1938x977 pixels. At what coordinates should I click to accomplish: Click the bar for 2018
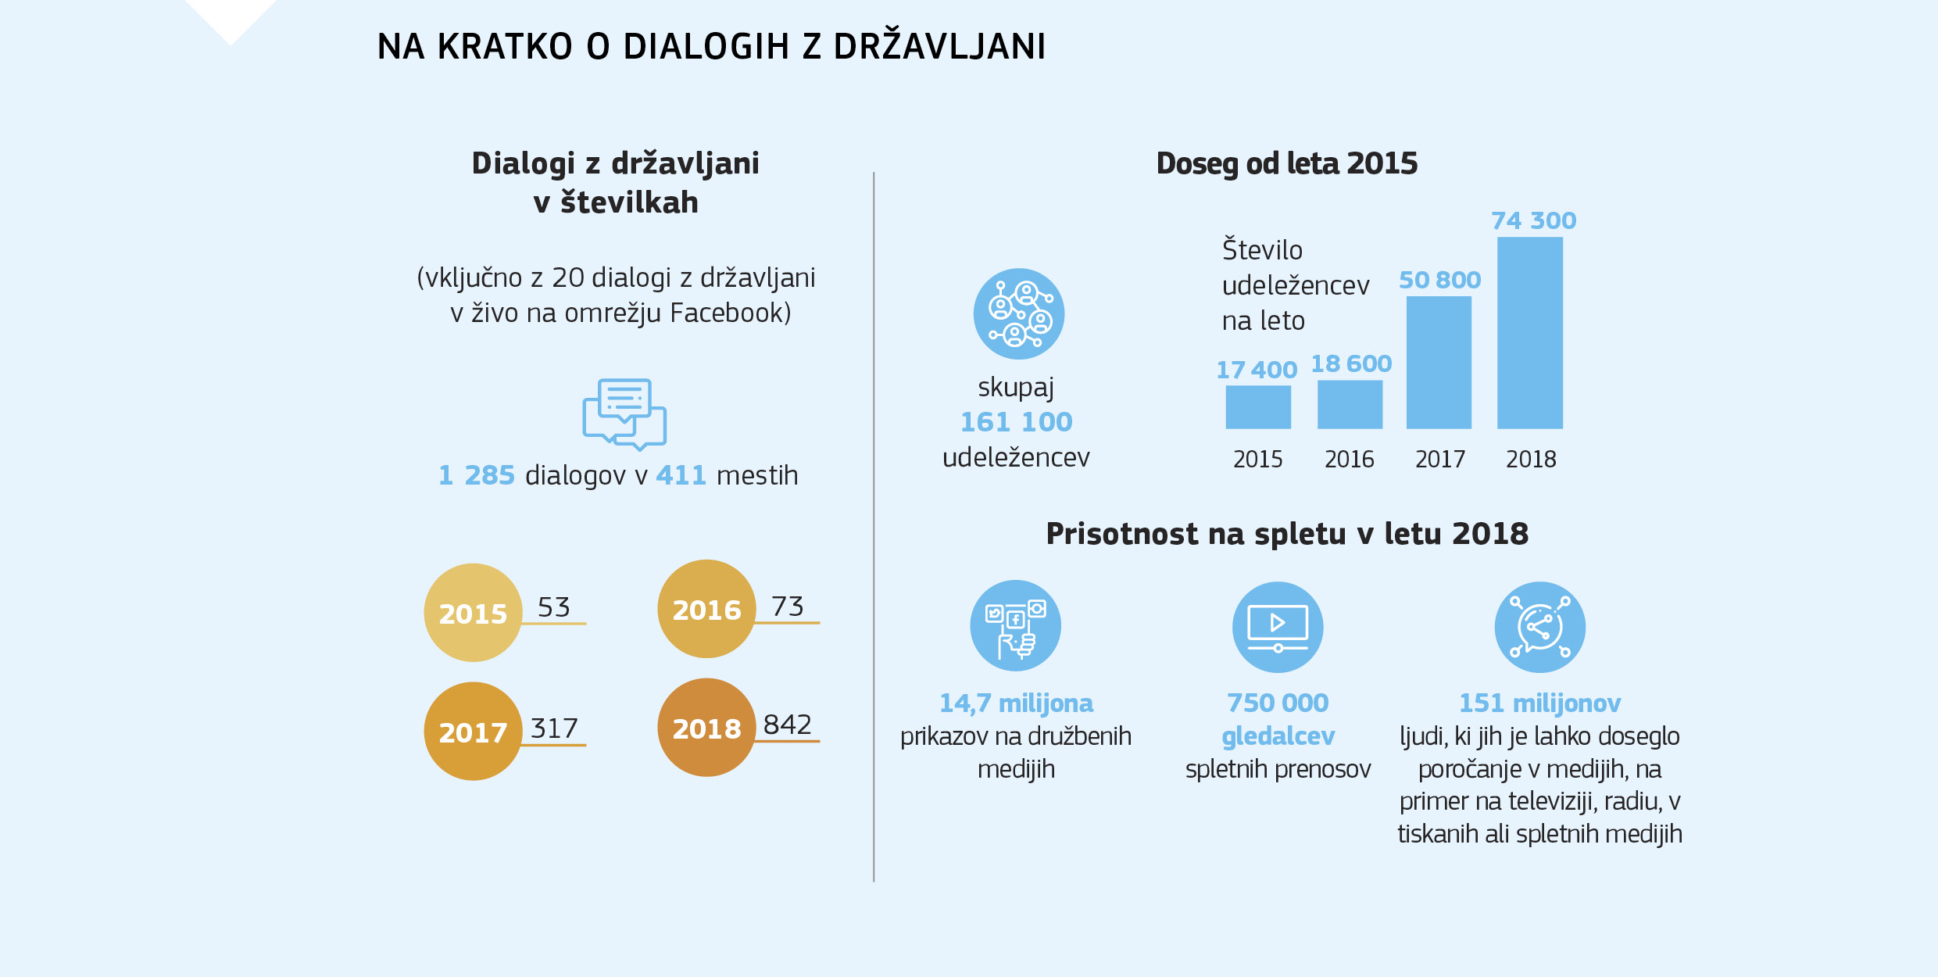(1529, 333)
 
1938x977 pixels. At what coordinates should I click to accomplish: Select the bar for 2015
(1257, 406)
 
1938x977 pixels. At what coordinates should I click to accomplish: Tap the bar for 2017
(1439, 363)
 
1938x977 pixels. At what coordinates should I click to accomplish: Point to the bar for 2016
(1350, 404)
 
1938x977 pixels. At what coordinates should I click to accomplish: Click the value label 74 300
(1533, 220)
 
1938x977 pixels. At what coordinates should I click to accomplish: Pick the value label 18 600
(1351, 363)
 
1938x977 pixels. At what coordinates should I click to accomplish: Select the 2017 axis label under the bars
(1439, 459)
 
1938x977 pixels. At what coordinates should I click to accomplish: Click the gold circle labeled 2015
(473, 613)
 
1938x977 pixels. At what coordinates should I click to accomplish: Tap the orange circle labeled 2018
(706, 728)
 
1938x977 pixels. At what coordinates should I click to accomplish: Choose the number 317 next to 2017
(554, 728)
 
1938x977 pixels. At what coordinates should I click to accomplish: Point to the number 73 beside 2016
(787, 607)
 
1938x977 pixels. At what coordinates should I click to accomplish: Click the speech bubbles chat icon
(624, 414)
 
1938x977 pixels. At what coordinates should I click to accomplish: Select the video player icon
(1278, 627)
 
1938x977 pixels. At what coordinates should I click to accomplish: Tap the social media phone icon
(1015, 625)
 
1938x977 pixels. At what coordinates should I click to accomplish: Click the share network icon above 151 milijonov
(1539, 627)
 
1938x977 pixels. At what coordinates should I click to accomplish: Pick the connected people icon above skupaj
(1018, 314)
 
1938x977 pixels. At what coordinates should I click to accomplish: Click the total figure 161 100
(1016, 422)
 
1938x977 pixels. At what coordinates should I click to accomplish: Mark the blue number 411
(681, 475)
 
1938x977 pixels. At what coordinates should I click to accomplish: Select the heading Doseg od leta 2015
(1286, 163)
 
